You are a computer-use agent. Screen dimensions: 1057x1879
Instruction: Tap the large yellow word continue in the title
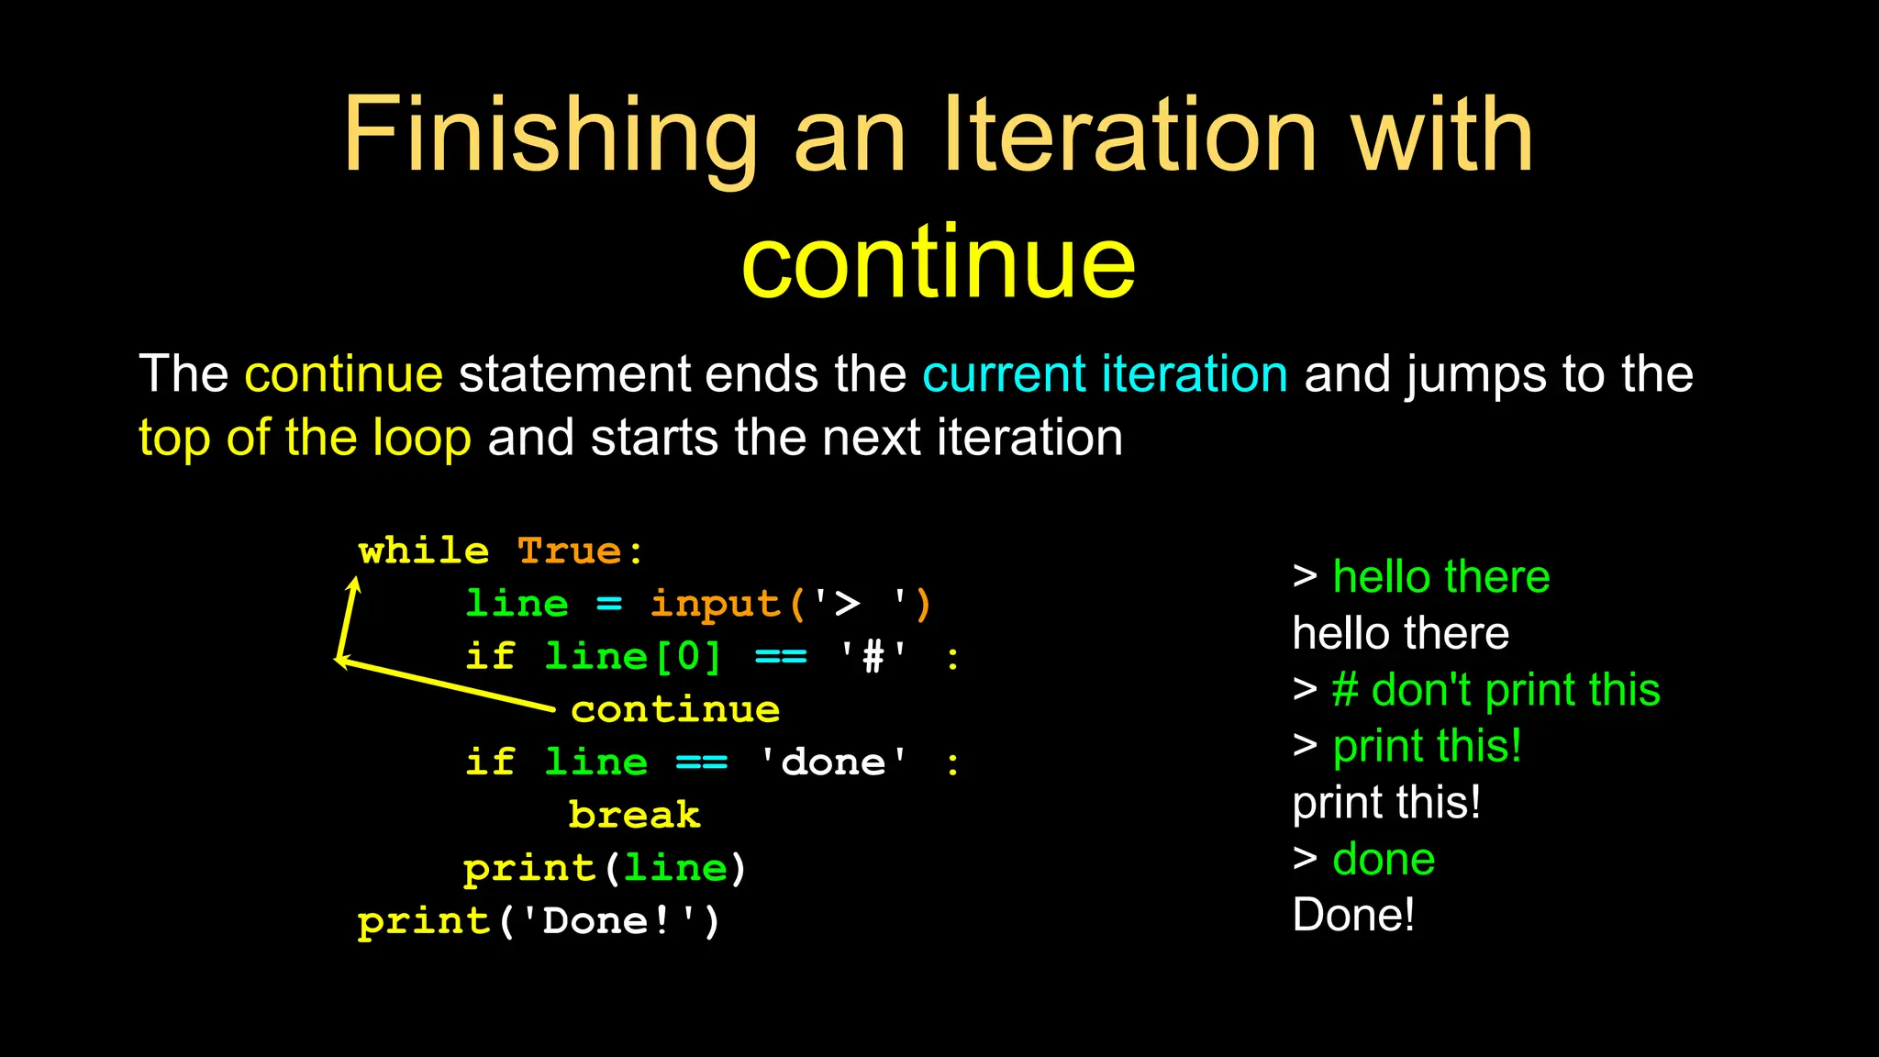tap(938, 263)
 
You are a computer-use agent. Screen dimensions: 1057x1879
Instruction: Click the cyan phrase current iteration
tap(1105, 374)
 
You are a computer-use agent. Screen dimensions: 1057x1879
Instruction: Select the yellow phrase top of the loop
tap(305, 438)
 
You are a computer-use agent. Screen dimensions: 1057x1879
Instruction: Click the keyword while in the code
tap(423, 551)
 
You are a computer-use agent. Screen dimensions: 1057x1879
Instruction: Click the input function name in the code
tap(715, 605)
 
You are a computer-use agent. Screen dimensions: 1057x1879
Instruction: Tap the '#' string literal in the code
tap(873, 657)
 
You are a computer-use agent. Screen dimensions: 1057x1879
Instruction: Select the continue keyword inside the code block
tap(675, 710)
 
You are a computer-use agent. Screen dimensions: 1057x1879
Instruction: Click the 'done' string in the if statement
tap(833, 762)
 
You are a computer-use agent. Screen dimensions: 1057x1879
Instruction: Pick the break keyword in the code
tap(634, 816)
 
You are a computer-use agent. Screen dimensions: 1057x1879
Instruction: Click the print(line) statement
tap(605, 868)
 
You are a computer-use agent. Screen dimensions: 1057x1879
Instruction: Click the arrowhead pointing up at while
tap(354, 584)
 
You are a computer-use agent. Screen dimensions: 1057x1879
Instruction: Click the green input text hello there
tap(1440, 577)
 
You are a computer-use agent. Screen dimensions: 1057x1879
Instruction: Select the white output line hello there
tap(1400, 634)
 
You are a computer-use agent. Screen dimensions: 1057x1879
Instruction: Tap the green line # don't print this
tap(1495, 690)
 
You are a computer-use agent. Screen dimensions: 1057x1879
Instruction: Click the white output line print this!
tap(1386, 803)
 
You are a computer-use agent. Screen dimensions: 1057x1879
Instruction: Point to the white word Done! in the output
tap(1353, 916)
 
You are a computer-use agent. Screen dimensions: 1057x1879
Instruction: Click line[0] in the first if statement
tap(633, 657)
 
